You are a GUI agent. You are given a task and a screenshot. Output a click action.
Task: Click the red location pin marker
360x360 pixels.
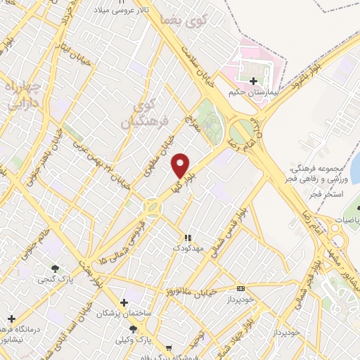(181, 165)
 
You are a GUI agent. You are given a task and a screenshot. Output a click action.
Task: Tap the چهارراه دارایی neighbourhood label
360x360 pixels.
(22, 97)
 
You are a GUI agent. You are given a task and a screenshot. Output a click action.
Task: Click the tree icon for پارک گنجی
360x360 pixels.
(56, 268)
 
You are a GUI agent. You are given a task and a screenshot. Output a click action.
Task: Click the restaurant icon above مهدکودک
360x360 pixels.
(187, 238)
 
